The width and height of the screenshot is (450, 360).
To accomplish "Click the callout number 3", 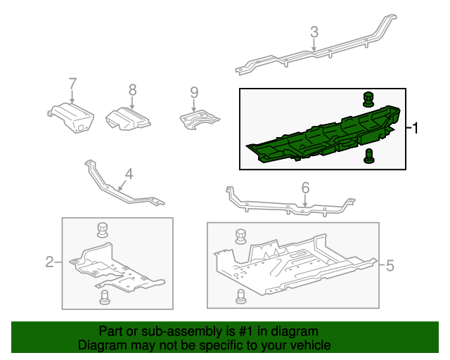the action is pyautogui.click(x=314, y=32).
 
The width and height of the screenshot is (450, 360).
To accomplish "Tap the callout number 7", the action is pyautogui.click(x=72, y=84).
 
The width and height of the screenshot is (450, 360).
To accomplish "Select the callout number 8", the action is pyautogui.click(x=132, y=90).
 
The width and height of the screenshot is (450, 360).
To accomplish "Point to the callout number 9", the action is pyautogui.click(x=194, y=92).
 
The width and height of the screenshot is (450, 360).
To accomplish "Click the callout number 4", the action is pyautogui.click(x=129, y=174).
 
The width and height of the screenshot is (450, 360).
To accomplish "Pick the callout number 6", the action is pyautogui.click(x=306, y=188).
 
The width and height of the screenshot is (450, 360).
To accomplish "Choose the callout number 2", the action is pyautogui.click(x=49, y=262).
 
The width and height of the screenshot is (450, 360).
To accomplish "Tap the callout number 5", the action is pyautogui.click(x=390, y=265).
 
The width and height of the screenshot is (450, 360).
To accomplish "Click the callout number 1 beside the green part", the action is pyautogui.click(x=415, y=128).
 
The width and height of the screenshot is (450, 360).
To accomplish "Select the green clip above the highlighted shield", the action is pyautogui.click(x=368, y=99).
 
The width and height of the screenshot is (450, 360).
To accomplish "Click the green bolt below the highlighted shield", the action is pyautogui.click(x=368, y=156).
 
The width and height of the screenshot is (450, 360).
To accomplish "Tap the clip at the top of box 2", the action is pyautogui.click(x=103, y=230).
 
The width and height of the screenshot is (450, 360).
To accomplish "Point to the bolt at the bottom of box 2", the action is pyautogui.click(x=105, y=297).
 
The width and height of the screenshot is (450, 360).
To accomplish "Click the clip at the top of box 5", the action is pyautogui.click(x=240, y=236).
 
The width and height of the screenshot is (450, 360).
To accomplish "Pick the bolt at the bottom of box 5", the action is pyautogui.click(x=240, y=297).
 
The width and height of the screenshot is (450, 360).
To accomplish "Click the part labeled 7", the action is pyautogui.click(x=71, y=117).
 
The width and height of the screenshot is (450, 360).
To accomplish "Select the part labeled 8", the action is pyautogui.click(x=128, y=119).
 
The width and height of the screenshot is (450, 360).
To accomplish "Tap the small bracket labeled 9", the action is pyautogui.click(x=199, y=119).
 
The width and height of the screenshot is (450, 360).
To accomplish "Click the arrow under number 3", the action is pyautogui.click(x=314, y=45).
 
